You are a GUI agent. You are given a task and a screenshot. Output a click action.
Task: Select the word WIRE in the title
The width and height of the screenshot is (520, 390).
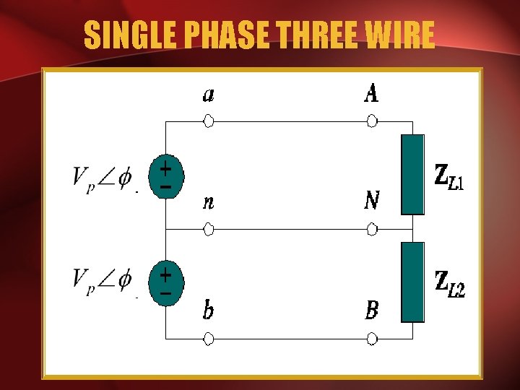point(404,35)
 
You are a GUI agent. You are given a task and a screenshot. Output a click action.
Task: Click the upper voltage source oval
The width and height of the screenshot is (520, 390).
point(166,177)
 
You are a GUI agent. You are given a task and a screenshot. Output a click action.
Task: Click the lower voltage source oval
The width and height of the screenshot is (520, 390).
point(166,284)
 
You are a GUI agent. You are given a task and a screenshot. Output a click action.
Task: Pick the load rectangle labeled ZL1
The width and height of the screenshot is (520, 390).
point(412,175)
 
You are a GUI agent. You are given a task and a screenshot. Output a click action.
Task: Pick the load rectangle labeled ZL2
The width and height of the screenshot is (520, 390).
point(412,282)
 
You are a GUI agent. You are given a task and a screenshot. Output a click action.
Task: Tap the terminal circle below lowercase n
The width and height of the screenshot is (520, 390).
point(209,230)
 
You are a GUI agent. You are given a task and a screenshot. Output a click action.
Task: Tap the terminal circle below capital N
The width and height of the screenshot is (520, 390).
point(371,230)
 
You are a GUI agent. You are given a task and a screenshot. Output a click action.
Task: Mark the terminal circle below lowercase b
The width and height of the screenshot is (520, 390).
point(209,338)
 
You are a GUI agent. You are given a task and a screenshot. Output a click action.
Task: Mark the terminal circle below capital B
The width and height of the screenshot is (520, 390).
point(371,338)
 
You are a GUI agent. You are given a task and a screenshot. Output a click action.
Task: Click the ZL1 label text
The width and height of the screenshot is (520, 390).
point(448,177)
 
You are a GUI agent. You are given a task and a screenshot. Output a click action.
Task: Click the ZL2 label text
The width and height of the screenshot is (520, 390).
point(448,284)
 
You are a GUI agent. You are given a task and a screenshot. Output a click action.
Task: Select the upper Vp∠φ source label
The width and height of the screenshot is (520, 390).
point(102,177)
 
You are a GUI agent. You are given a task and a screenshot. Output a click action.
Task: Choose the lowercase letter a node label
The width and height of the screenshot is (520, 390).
point(208,95)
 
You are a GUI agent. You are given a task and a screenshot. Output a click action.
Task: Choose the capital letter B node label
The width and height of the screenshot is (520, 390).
point(371,311)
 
